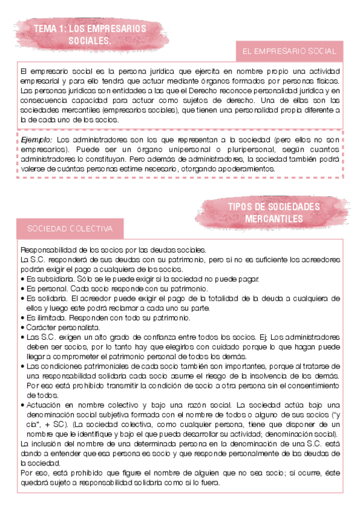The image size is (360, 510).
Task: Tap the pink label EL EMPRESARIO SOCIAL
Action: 289,51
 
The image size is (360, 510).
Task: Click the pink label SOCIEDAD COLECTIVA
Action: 70,229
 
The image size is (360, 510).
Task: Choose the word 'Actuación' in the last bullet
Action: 44,405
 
